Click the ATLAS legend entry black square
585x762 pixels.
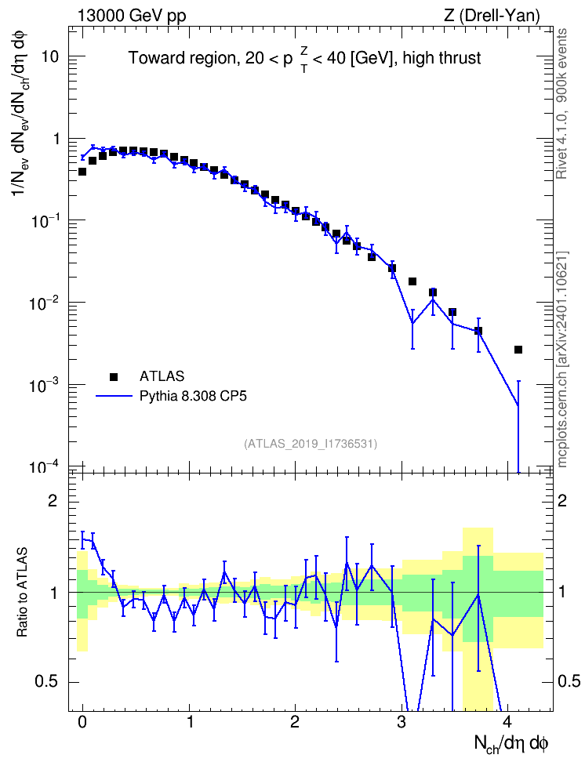114,376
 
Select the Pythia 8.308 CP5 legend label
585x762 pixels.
193,396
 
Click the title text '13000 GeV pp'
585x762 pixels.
131,16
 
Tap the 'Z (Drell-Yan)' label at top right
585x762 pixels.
492,16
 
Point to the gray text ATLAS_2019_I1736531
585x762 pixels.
311,443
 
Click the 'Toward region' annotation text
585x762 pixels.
183,58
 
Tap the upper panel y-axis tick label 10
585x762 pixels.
49,56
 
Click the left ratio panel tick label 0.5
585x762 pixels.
46,682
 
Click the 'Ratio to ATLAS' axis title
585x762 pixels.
22,592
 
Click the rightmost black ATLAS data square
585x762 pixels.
518,350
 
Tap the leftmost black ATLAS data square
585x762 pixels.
82,172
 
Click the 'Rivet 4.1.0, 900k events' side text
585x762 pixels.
561,103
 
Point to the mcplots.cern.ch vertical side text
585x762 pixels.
562,359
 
